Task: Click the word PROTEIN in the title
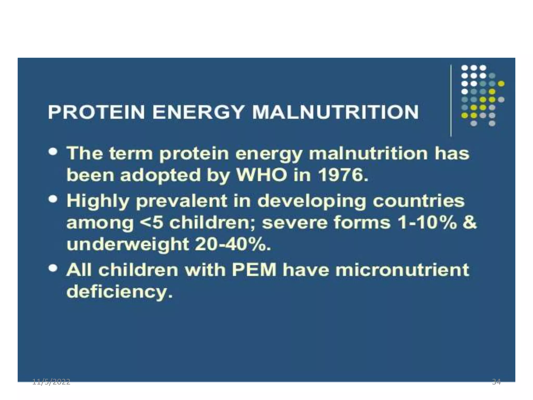(96, 112)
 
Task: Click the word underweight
(128, 245)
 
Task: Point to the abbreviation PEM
(254, 270)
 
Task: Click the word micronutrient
(402, 270)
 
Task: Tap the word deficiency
(119, 292)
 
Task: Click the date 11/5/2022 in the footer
(51, 382)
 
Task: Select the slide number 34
(496, 382)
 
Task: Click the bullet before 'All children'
(54, 268)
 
